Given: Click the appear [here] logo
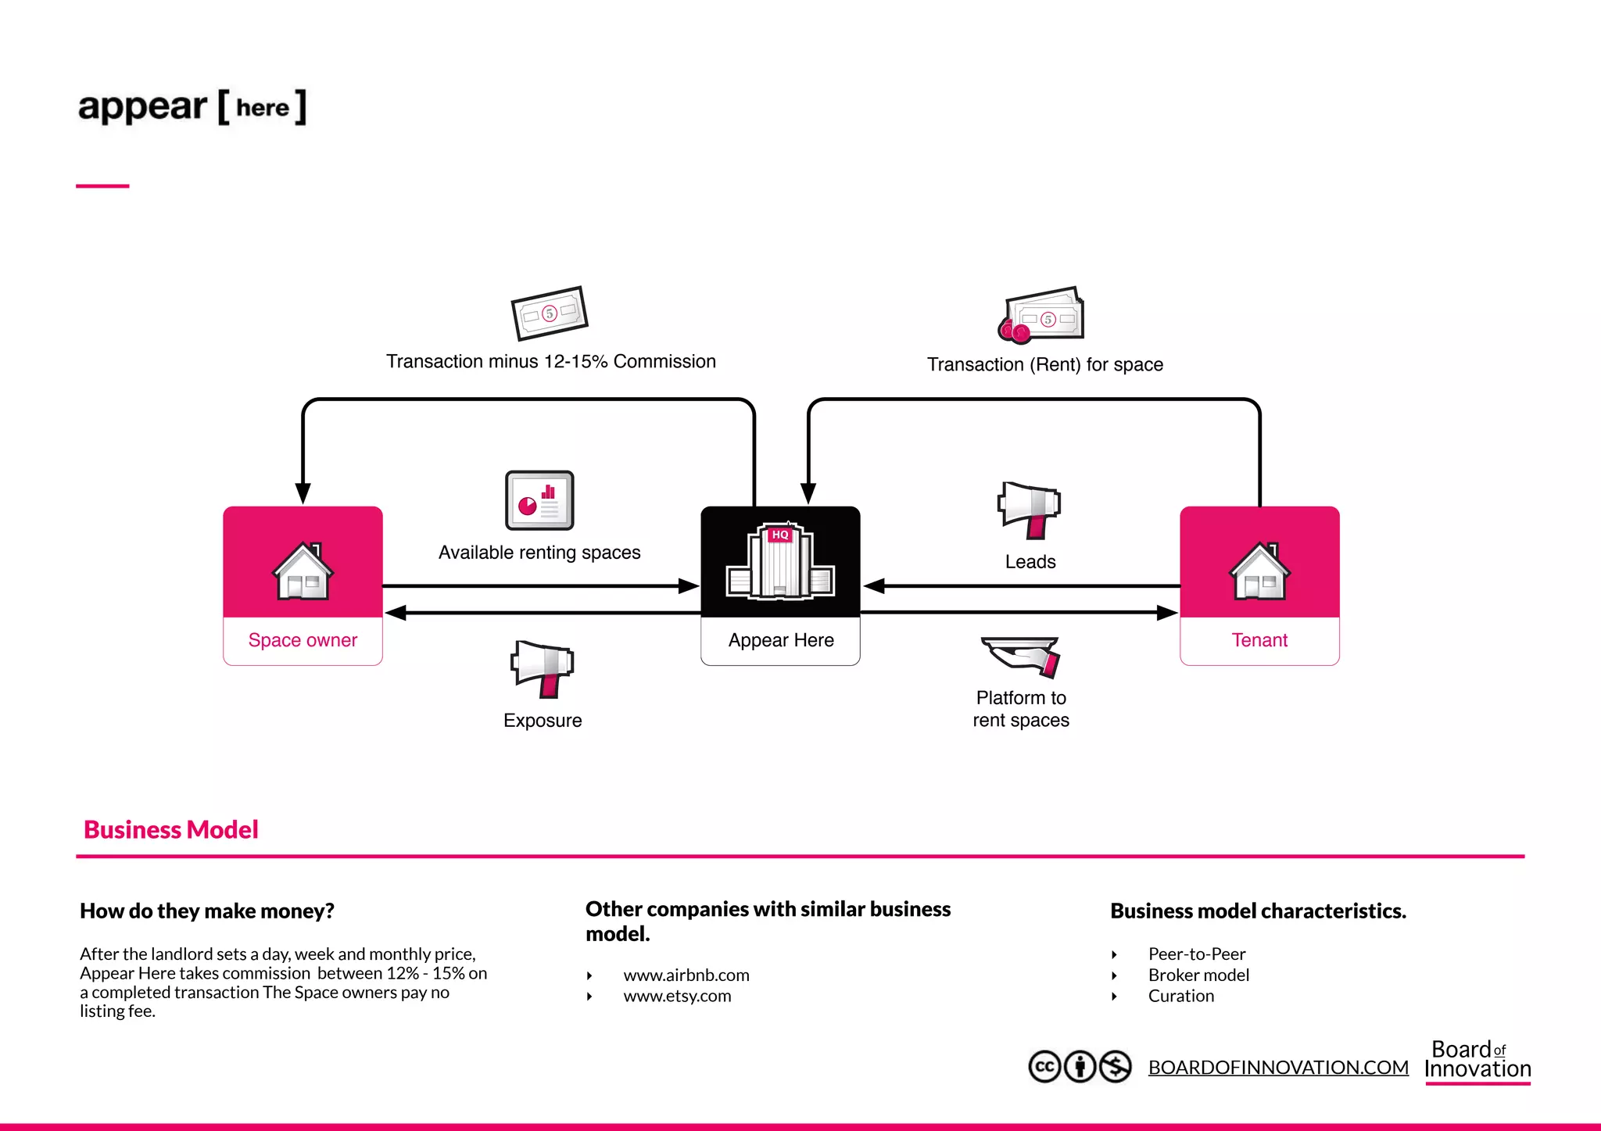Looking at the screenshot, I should tap(192, 107).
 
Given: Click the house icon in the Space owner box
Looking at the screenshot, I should tap(303, 571).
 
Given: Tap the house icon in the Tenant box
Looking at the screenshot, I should tap(1259, 571).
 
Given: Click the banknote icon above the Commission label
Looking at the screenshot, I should tap(549, 313).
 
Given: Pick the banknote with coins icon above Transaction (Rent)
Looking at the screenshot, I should tap(1042, 316).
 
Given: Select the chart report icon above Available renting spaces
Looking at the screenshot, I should tap(539, 500).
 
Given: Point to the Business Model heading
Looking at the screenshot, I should tap(170, 829).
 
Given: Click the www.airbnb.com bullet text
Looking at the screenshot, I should tap(686, 975).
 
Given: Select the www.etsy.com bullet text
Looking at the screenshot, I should tap(677, 996).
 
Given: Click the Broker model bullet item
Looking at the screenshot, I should tap(1198, 975).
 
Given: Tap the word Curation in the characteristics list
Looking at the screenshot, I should tap(1180, 996).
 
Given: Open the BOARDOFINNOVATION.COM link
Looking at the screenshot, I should tap(1278, 1067).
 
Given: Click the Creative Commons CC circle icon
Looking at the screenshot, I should tap(1044, 1066).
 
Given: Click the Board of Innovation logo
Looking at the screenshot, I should tap(1477, 1060).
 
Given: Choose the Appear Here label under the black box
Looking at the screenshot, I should tap(780, 640).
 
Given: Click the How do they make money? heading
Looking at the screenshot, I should tap(207, 911).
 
